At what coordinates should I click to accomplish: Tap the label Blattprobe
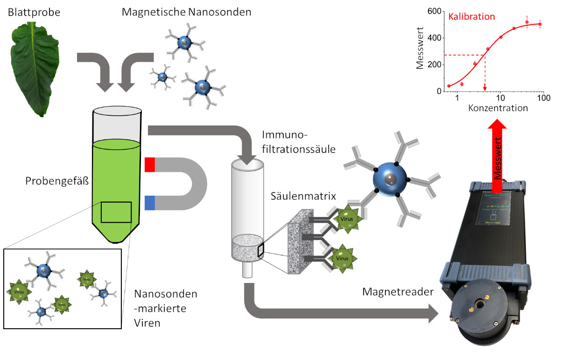click(34, 12)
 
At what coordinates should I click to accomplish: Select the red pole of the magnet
click(150, 165)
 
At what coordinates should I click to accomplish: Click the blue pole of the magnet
click(150, 203)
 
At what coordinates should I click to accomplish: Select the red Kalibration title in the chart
click(471, 17)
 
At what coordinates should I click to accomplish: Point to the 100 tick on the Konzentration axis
click(543, 99)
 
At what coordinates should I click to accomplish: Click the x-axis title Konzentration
click(498, 108)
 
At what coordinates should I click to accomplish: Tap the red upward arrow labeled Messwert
click(498, 154)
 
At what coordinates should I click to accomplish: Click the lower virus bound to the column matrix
click(342, 258)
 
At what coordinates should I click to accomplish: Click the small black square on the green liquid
click(116, 212)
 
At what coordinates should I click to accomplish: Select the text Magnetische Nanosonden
click(186, 12)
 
